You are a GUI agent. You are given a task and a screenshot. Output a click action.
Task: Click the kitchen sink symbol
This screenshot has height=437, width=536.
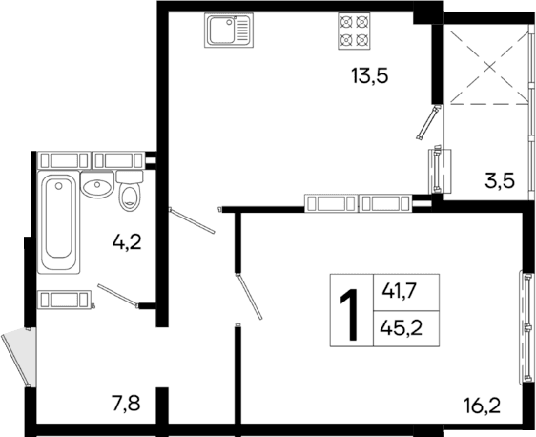(231, 33)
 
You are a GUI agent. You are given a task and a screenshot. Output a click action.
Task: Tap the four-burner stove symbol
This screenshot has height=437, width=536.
(354, 32)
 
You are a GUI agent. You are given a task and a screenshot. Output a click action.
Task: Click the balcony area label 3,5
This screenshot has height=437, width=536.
(500, 179)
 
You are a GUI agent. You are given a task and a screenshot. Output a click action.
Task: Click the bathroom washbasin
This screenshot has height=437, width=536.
(96, 186)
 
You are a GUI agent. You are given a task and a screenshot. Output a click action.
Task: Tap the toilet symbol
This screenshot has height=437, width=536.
(130, 194)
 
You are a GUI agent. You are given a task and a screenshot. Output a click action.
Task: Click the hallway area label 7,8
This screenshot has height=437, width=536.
(124, 404)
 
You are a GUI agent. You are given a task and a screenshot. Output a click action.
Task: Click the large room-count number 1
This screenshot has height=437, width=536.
(350, 309)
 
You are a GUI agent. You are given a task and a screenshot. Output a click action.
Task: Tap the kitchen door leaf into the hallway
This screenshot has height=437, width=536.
(195, 220)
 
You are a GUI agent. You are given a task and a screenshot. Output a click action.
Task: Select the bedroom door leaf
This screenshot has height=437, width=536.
(250, 295)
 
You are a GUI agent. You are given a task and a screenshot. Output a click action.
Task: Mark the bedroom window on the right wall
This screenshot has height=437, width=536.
(526, 315)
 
